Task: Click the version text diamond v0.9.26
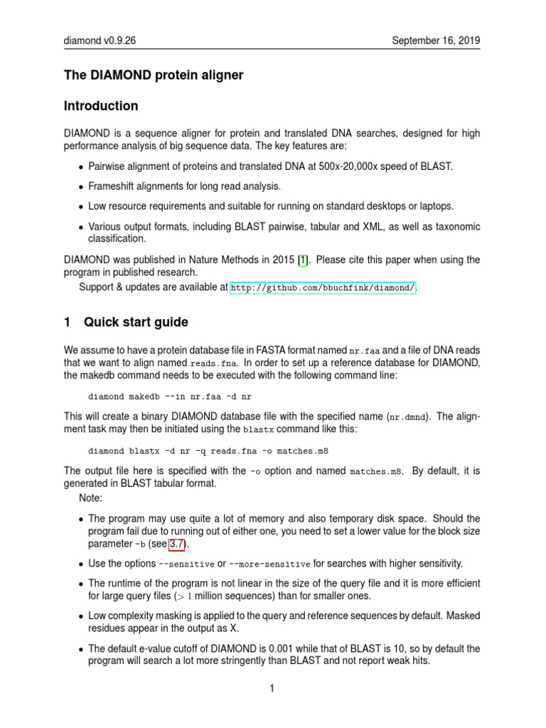click(100, 41)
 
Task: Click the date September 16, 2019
click(437, 41)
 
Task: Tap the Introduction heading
click(101, 106)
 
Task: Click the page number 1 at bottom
click(272, 688)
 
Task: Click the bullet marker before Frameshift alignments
click(80, 187)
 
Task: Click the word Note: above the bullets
click(91, 498)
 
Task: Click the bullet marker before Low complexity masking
click(80, 616)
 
